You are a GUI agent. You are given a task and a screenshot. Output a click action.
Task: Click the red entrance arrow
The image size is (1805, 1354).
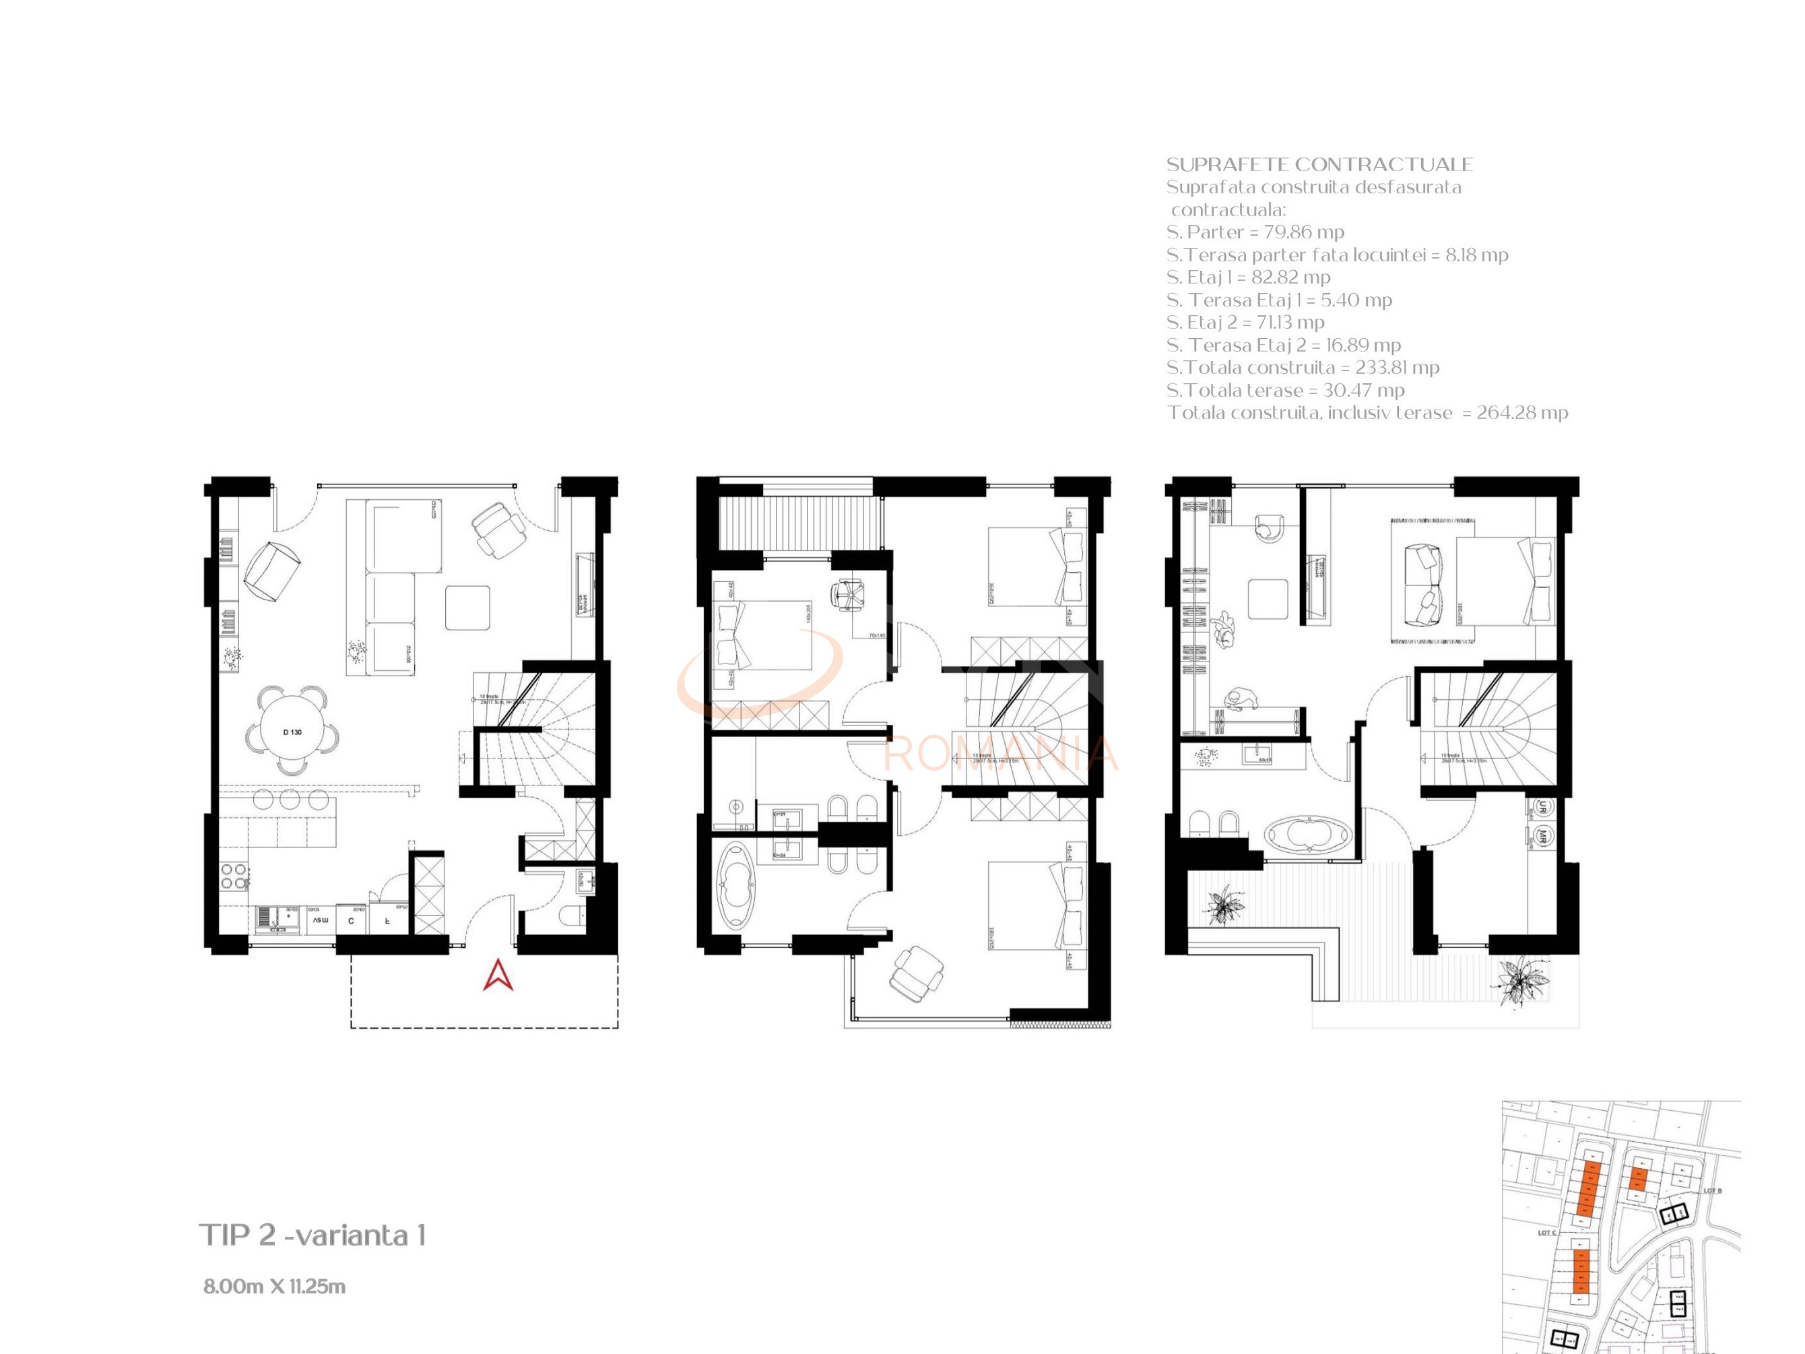point(498,976)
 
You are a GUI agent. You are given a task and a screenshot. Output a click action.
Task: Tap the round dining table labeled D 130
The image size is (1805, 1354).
point(292,732)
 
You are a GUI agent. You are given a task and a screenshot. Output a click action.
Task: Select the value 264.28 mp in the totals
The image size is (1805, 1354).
point(1522,413)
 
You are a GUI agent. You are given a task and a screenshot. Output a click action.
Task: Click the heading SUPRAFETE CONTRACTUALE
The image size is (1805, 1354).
point(1319,164)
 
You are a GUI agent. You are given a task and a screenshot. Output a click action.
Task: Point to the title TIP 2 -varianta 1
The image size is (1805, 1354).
point(313,1235)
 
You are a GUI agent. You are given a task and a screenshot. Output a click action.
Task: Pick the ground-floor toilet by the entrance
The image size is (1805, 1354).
point(572,915)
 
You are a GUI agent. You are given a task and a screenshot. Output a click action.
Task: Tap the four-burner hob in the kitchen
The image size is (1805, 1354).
point(234,876)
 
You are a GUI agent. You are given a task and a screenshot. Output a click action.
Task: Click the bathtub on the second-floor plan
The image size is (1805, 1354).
point(1308,835)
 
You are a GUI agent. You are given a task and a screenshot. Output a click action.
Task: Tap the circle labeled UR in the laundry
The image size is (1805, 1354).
point(1542,807)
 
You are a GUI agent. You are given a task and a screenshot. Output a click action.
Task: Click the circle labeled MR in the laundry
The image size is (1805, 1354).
point(1542,836)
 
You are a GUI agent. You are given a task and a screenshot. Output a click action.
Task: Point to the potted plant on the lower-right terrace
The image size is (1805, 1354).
point(1519,983)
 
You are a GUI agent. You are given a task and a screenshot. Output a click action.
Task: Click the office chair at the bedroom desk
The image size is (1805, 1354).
point(848,593)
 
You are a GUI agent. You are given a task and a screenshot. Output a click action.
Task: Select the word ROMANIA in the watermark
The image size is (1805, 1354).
point(1000,753)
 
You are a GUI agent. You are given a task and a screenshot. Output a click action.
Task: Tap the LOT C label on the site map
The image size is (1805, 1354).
point(1546,1232)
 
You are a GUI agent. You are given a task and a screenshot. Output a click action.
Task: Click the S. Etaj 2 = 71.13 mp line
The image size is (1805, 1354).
point(1245,323)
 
